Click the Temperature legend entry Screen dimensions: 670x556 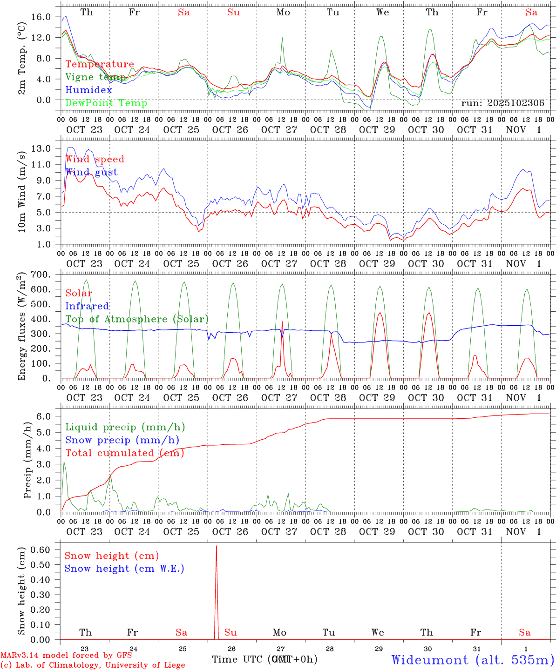[100, 64]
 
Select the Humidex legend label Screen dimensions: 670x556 [88, 90]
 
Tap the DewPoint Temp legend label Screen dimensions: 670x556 [106, 103]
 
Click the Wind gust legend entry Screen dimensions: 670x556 [91, 172]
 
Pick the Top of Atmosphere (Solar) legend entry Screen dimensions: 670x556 [136, 319]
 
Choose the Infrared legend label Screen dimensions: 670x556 [87, 306]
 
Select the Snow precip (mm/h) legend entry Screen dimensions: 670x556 [122, 440]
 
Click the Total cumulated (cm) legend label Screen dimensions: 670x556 [124, 453]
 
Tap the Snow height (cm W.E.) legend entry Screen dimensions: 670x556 [124, 569]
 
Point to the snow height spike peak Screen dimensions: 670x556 [216, 546]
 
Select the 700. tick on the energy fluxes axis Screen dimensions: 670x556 [40, 275]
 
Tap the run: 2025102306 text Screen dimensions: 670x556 [502, 103]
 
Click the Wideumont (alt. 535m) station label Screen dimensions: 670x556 [473, 660]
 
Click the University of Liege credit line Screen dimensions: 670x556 [93, 665]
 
